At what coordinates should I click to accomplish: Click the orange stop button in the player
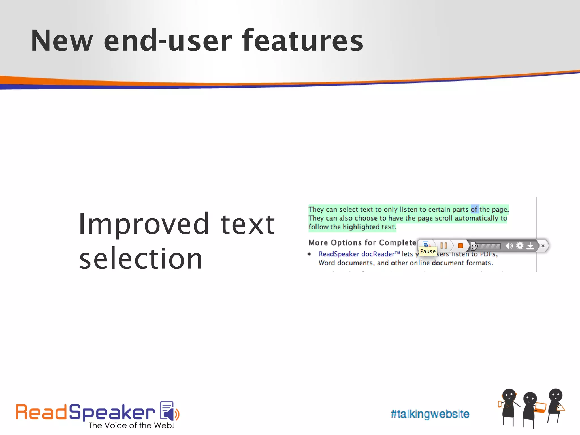(460, 246)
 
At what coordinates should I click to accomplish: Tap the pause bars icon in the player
(443, 246)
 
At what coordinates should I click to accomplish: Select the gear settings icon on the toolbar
(520, 246)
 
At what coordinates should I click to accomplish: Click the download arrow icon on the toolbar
(530, 246)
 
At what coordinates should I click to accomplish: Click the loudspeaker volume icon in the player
(509, 246)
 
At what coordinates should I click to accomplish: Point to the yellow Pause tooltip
(428, 251)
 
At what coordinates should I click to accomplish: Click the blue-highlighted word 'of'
(474, 209)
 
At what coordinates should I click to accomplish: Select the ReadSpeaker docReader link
(359, 254)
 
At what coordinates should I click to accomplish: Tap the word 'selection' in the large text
(141, 259)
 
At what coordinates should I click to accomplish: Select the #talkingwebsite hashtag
(430, 414)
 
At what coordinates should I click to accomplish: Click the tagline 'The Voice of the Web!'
(131, 425)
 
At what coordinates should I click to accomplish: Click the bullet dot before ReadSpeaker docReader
(309, 254)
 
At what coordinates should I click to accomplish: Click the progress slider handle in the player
(474, 246)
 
